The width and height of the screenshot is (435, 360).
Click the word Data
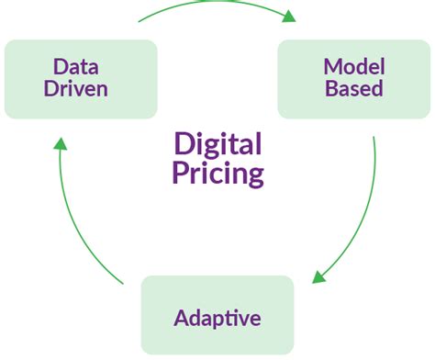[75, 66]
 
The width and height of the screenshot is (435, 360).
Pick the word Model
[352, 66]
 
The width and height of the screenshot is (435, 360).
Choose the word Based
[352, 89]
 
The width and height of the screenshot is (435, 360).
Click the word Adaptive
[217, 319]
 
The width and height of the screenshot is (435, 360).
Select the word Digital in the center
[217, 144]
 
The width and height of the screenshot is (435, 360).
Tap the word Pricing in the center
[217, 173]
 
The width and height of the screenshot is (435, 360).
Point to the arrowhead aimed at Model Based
[290, 16]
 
